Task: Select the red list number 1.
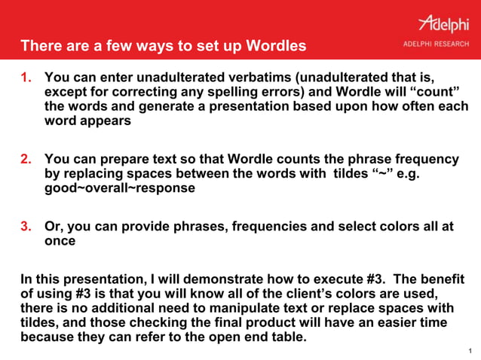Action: [26, 78]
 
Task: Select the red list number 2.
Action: [26, 160]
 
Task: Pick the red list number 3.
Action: [26, 227]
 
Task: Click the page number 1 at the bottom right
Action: [470, 351]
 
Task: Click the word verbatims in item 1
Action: [267, 78]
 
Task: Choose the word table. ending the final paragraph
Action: [289, 336]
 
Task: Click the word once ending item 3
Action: [60, 241]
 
